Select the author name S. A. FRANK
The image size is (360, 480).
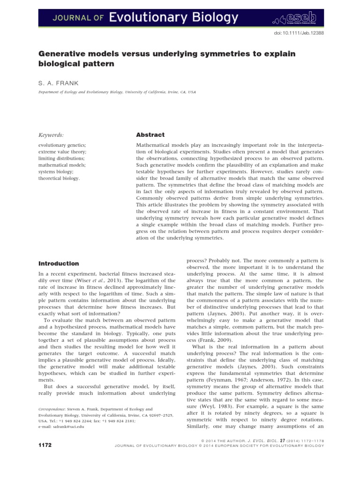[59, 83]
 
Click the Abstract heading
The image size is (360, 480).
[150, 135]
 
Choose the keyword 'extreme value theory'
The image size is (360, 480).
[62, 152]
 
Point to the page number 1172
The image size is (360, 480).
[45, 443]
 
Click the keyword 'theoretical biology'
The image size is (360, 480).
[59, 178]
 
